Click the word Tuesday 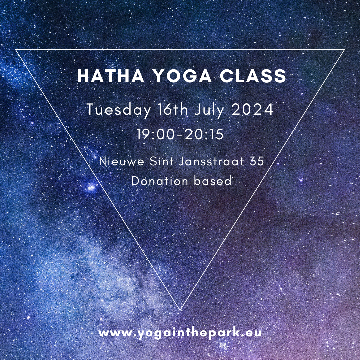(x=119, y=110)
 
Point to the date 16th (x=173, y=109)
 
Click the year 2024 (x=253, y=110)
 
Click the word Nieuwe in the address (x=121, y=161)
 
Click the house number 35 (x=257, y=161)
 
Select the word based (x=213, y=181)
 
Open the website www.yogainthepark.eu (x=180, y=333)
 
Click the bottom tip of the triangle (x=180, y=311)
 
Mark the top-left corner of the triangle (x=15, y=49)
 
